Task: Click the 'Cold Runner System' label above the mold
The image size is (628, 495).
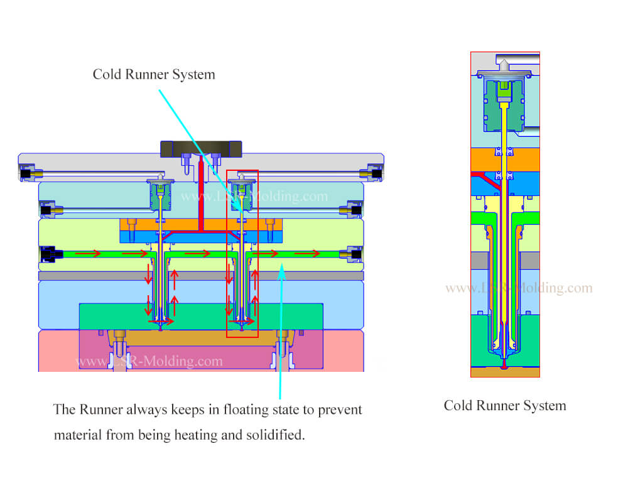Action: (x=154, y=74)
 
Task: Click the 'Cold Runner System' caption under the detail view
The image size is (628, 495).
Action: (x=504, y=406)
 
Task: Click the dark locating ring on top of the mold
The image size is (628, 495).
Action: (x=201, y=148)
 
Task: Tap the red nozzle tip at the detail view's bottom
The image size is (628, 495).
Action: (x=505, y=365)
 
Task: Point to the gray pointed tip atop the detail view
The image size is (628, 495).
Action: (x=504, y=63)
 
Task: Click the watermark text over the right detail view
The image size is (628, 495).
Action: (x=519, y=288)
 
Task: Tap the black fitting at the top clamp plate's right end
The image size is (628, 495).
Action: (x=377, y=173)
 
